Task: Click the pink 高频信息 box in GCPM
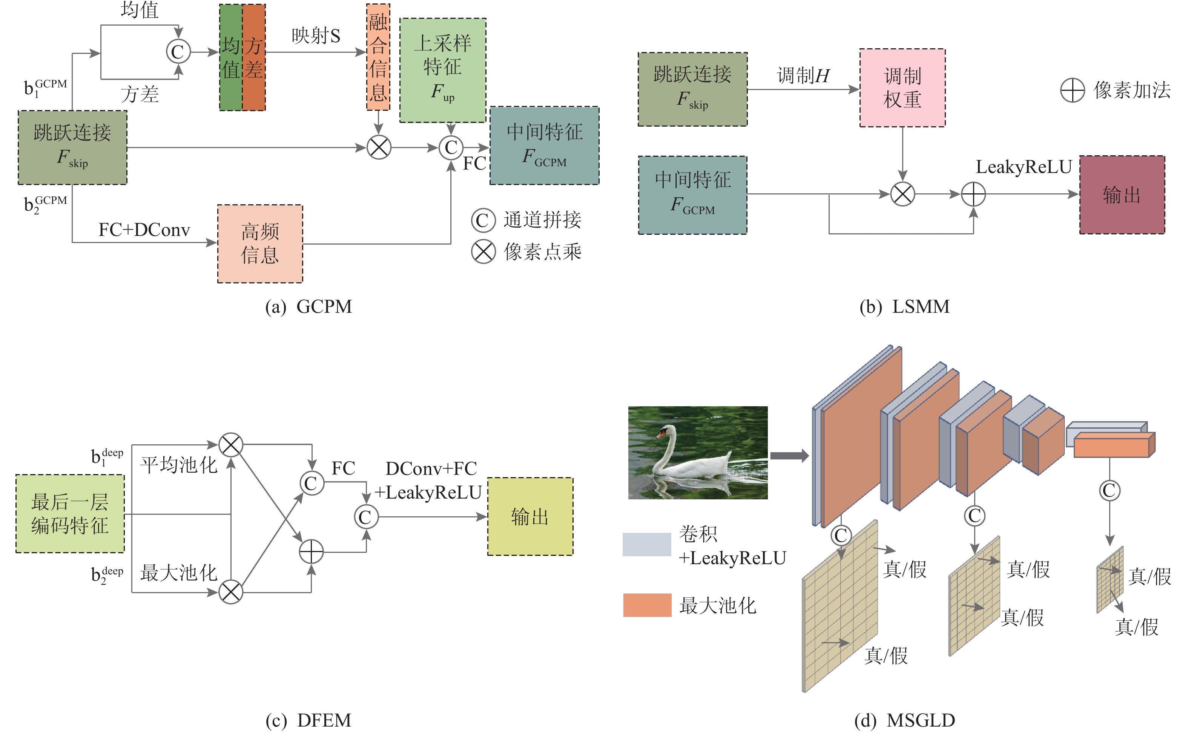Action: click(x=260, y=243)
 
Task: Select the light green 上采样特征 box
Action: click(x=442, y=70)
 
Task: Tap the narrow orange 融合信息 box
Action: click(x=378, y=57)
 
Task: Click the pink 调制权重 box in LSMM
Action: click(x=902, y=88)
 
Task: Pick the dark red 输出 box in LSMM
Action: click(x=1122, y=195)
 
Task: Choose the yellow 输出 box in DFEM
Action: click(x=530, y=516)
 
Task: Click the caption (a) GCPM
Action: click(x=309, y=307)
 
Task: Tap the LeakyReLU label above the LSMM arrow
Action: click(x=1024, y=167)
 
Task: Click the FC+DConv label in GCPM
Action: click(x=144, y=230)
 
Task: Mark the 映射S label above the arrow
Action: click(x=316, y=36)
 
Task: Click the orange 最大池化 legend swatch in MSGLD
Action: click(x=647, y=605)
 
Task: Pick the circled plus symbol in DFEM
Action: click(x=311, y=552)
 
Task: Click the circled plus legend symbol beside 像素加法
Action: click(x=1072, y=90)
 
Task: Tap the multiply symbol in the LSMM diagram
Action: click(x=902, y=194)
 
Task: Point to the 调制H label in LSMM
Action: click(x=803, y=76)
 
